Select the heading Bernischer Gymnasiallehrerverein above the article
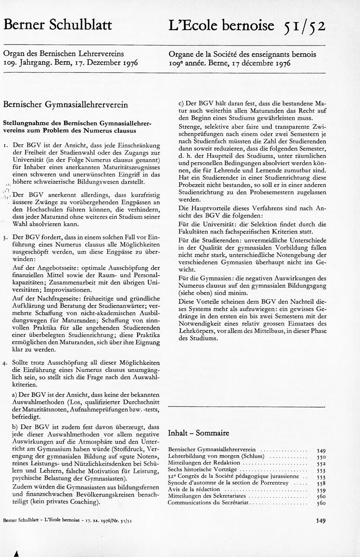65,104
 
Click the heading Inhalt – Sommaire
198,433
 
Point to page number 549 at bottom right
320,520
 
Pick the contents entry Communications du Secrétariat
208,503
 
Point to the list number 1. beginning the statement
5,146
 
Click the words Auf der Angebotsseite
44,267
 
